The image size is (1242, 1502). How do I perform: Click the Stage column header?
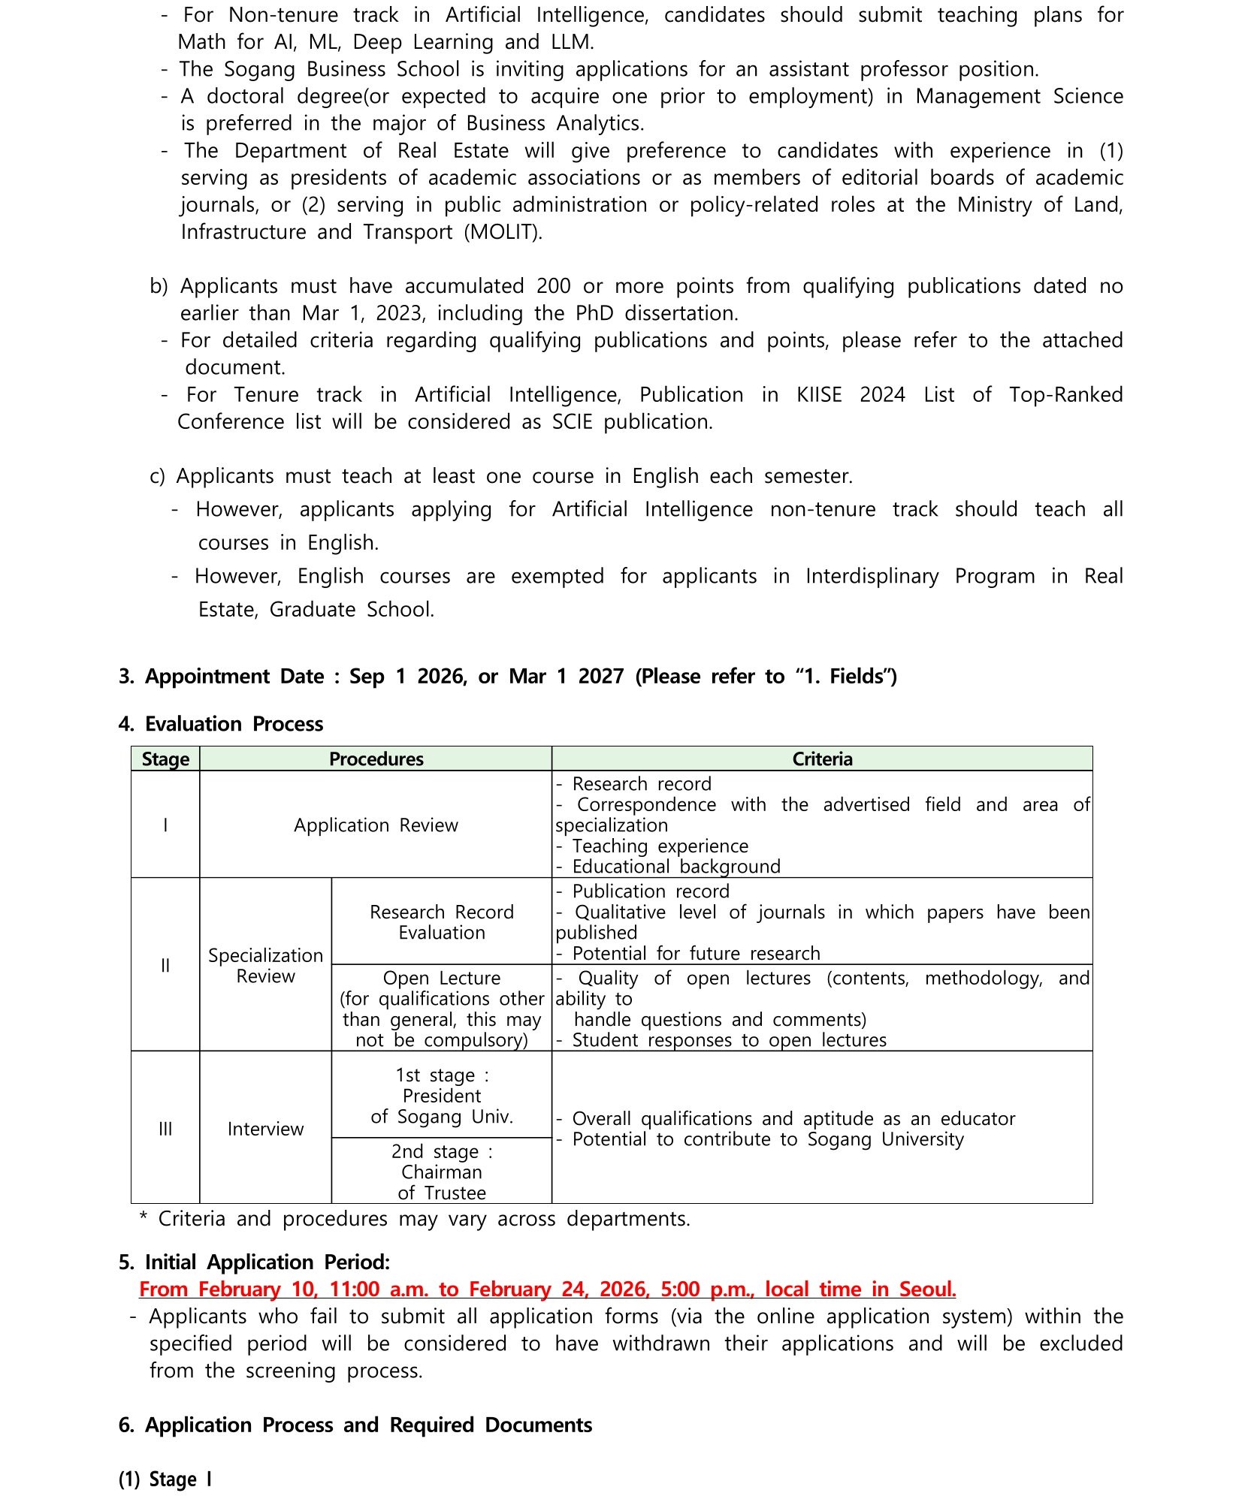(x=165, y=759)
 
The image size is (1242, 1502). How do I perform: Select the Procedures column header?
(x=376, y=759)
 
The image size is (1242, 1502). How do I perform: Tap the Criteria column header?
(x=822, y=759)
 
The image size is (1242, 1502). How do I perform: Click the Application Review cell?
(x=376, y=825)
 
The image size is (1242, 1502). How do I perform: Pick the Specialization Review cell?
(x=265, y=965)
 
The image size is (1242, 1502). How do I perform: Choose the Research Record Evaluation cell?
(x=442, y=921)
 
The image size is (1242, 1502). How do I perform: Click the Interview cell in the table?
(x=265, y=1129)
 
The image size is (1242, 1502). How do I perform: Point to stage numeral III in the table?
(x=165, y=1129)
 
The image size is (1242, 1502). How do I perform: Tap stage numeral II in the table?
(x=165, y=965)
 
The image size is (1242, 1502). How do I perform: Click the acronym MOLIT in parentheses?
(x=503, y=232)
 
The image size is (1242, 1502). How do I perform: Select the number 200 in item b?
(x=553, y=286)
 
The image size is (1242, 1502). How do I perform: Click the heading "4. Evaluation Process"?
(x=221, y=724)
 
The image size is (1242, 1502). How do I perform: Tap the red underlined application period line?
(x=547, y=1289)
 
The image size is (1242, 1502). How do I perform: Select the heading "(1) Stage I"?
(x=165, y=1479)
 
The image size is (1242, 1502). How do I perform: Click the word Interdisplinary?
(x=872, y=576)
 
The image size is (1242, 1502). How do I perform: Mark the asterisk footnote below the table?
(x=414, y=1218)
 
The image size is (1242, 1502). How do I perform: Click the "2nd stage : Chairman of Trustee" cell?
(x=442, y=1172)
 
